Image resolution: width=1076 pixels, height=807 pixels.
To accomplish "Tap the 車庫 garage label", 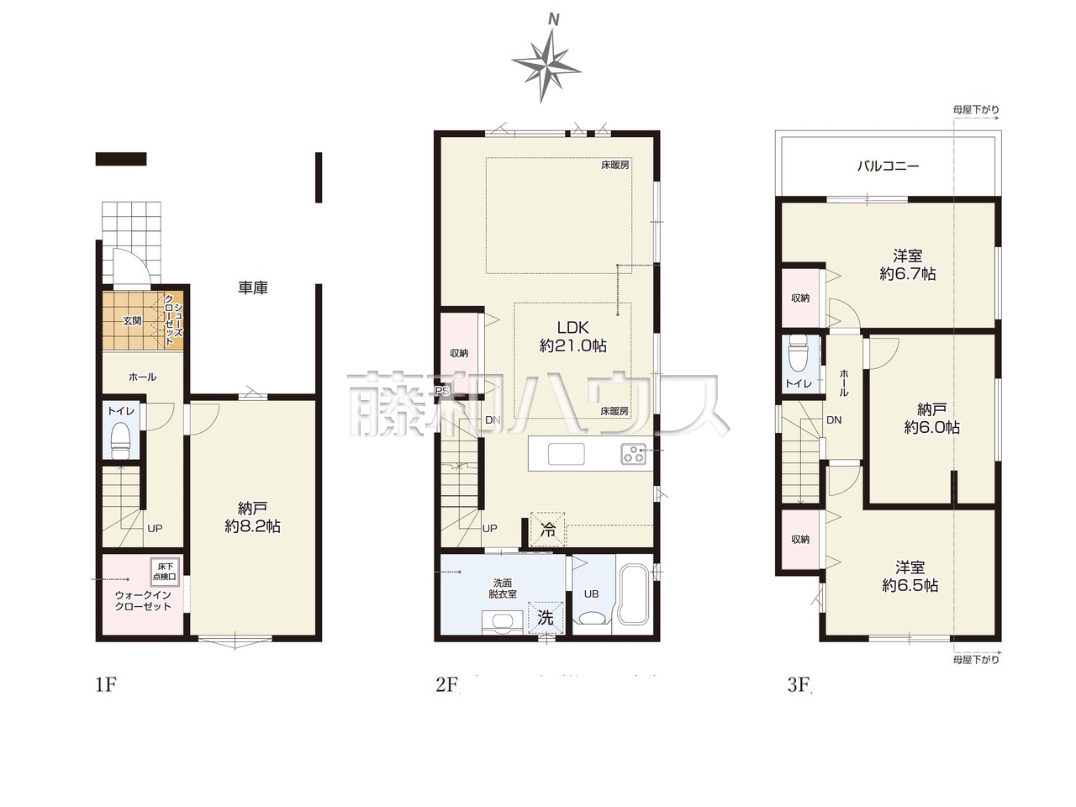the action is click(253, 287).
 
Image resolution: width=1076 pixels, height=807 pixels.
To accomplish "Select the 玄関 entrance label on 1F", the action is click(132, 321).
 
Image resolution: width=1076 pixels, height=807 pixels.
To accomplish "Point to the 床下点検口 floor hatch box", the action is click(165, 572).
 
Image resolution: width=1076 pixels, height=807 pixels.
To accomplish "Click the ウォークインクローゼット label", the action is click(143, 601).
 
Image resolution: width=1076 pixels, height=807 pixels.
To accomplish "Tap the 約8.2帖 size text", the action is click(252, 526).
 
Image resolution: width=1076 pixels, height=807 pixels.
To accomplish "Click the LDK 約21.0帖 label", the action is click(573, 336).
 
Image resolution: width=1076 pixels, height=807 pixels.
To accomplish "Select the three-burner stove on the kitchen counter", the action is click(634, 454).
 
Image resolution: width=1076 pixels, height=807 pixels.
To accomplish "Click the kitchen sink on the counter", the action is click(567, 454).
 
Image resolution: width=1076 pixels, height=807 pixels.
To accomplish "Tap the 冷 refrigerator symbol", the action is click(548, 530).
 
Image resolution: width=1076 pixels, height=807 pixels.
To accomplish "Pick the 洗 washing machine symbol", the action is click(545, 618).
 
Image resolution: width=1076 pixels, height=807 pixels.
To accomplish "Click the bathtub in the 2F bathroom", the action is click(635, 595).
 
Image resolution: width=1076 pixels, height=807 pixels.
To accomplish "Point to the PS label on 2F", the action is click(442, 391).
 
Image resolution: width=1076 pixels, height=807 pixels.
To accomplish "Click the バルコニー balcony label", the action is click(888, 166).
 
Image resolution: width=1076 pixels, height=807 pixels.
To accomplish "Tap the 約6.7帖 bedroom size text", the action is click(907, 273).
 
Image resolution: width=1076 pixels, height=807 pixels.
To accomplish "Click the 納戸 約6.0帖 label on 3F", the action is click(932, 418).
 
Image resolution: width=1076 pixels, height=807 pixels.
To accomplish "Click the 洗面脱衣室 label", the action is click(503, 588).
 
